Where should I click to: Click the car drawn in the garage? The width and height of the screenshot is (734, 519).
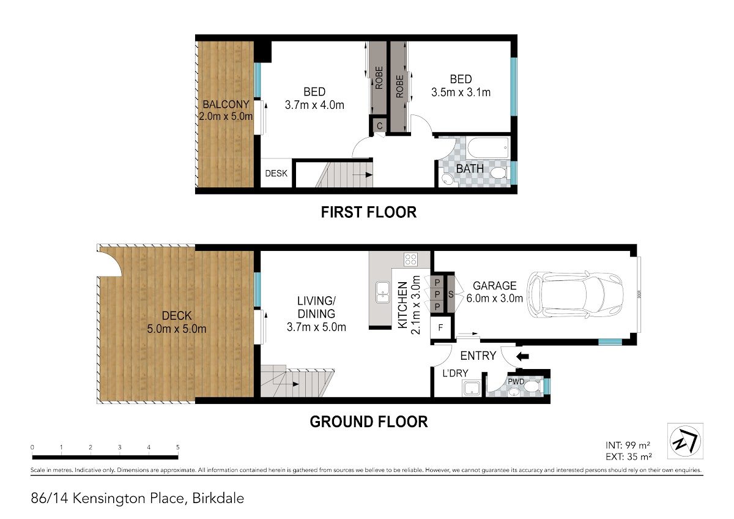pos(575,294)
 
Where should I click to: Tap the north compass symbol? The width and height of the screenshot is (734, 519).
pos(685,441)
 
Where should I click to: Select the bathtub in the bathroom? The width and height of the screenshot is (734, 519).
pos(489,147)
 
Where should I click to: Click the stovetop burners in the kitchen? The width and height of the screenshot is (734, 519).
pos(410,259)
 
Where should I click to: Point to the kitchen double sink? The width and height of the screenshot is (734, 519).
pos(382,292)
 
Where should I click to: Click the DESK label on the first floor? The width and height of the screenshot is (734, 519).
pos(276,173)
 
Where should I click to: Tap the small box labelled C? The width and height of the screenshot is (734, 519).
pos(379,125)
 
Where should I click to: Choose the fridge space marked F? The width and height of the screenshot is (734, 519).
pos(440,327)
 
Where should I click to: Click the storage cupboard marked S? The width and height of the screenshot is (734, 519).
pos(451,294)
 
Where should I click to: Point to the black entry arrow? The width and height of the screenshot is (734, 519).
pos(522,356)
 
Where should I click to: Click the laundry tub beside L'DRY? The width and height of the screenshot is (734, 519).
pos(472,389)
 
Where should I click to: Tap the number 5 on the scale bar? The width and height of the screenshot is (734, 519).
pos(177,447)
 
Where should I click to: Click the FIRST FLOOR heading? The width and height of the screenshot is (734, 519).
pos(369,212)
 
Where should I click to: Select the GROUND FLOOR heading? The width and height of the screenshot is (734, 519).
pos(369,422)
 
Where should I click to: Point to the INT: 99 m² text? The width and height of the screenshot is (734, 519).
pos(628,445)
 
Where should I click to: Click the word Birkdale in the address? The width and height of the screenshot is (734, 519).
pos(218,498)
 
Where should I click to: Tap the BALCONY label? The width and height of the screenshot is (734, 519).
pos(226,104)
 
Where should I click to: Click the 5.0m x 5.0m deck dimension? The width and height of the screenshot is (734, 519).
pos(177,329)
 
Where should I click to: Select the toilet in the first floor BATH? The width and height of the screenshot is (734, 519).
pos(499,173)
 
